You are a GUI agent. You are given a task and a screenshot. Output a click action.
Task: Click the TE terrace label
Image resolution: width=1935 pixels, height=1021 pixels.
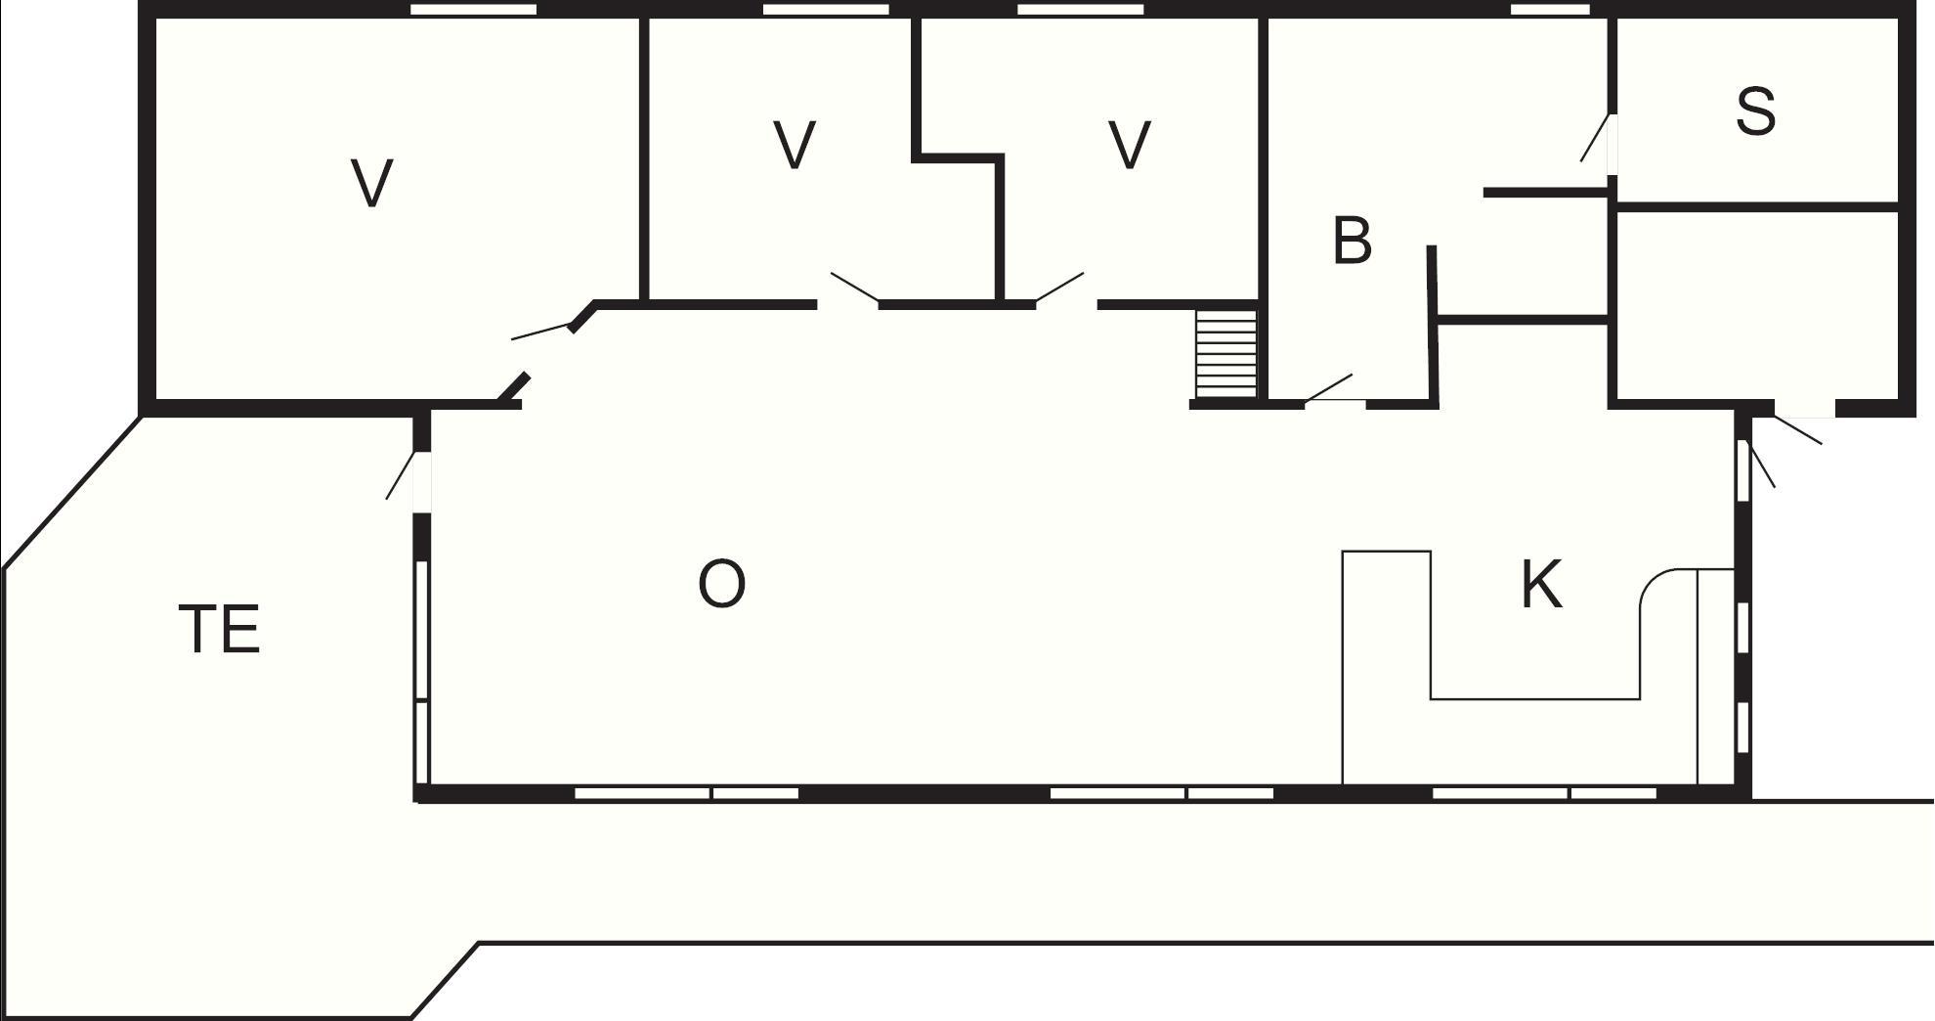coord(220,629)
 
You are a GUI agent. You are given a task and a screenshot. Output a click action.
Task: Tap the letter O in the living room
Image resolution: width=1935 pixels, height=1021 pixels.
coord(721,584)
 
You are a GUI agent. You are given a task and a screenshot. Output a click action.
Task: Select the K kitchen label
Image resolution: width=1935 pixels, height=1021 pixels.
coord(1541,585)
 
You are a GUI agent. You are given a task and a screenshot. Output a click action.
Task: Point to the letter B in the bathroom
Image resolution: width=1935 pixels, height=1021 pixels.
coord(1352,241)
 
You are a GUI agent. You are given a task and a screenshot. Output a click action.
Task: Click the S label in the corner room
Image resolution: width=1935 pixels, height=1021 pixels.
coord(1755,111)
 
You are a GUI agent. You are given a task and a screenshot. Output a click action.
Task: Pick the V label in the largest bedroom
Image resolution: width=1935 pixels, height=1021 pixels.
coord(371,183)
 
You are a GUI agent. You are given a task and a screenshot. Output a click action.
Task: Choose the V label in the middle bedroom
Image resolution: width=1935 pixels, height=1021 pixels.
coord(795,145)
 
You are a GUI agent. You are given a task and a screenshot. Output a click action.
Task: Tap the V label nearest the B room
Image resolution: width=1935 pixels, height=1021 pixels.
coord(1130,145)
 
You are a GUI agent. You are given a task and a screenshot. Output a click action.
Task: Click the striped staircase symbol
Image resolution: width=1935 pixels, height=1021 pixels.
coord(1225,354)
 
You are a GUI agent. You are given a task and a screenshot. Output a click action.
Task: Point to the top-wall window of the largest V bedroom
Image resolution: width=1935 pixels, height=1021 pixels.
coord(473,10)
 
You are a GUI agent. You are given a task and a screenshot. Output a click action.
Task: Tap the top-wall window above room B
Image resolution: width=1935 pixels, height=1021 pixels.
coord(1550,10)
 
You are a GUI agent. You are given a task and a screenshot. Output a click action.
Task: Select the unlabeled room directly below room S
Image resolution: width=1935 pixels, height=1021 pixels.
coord(1755,304)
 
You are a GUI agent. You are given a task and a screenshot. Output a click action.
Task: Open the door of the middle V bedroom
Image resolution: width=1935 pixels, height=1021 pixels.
coord(854,288)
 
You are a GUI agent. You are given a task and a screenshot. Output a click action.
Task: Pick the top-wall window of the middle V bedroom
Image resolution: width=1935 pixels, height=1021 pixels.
coord(826,10)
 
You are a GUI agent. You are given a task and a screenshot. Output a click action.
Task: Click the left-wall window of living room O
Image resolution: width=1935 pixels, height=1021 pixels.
coord(422,672)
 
